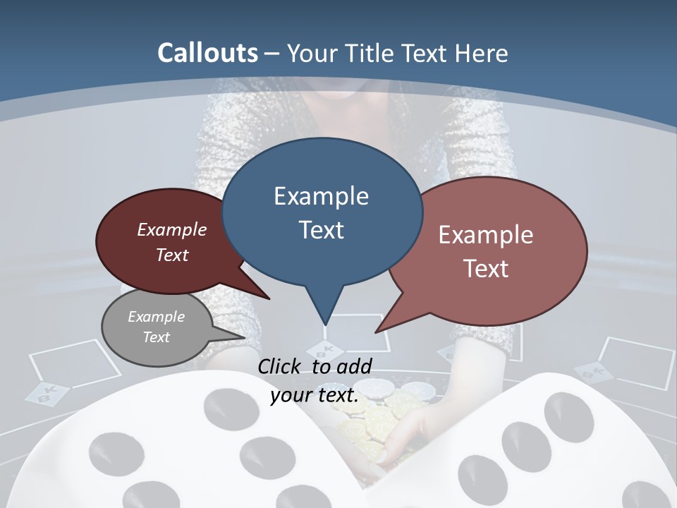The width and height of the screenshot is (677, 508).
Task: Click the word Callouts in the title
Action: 207,53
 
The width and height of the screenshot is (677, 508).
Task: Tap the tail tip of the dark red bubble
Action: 269,298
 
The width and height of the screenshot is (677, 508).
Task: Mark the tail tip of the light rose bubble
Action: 377,331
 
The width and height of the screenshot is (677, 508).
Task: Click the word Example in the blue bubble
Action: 321,196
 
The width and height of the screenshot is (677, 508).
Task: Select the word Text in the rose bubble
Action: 486,269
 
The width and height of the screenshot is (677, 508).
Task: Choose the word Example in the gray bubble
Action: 156,317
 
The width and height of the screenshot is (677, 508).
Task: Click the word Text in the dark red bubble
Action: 172,255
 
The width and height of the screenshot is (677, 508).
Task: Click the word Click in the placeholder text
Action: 281,366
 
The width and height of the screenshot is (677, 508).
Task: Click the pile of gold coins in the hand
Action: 367,423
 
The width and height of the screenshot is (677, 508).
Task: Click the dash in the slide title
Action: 273,54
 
